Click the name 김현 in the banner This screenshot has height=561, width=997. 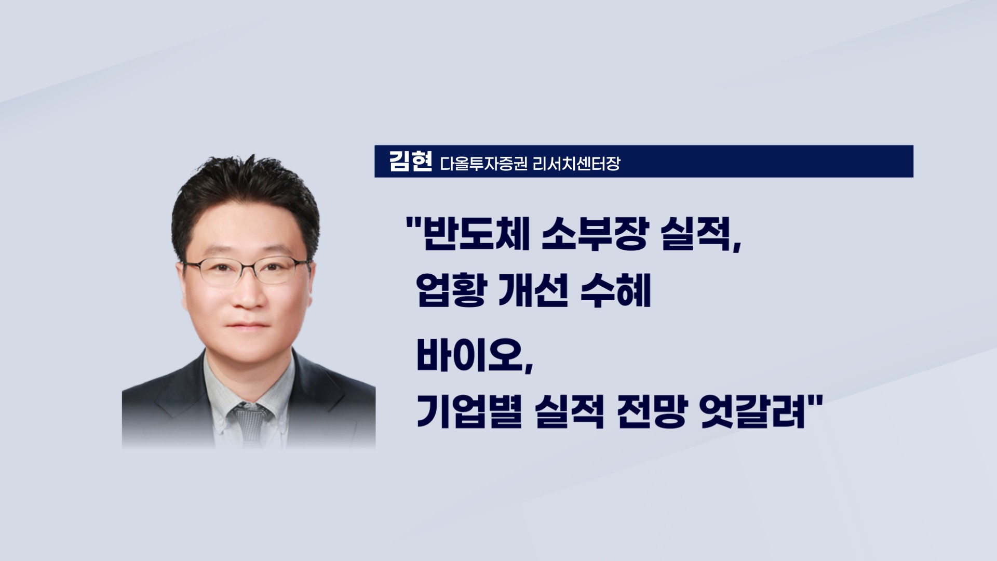point(410,162)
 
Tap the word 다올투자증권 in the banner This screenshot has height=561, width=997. point(484,164)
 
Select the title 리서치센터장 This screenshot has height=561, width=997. point(576,164)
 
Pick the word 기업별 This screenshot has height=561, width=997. point(469,414)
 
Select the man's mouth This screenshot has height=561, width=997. point(249,327)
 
